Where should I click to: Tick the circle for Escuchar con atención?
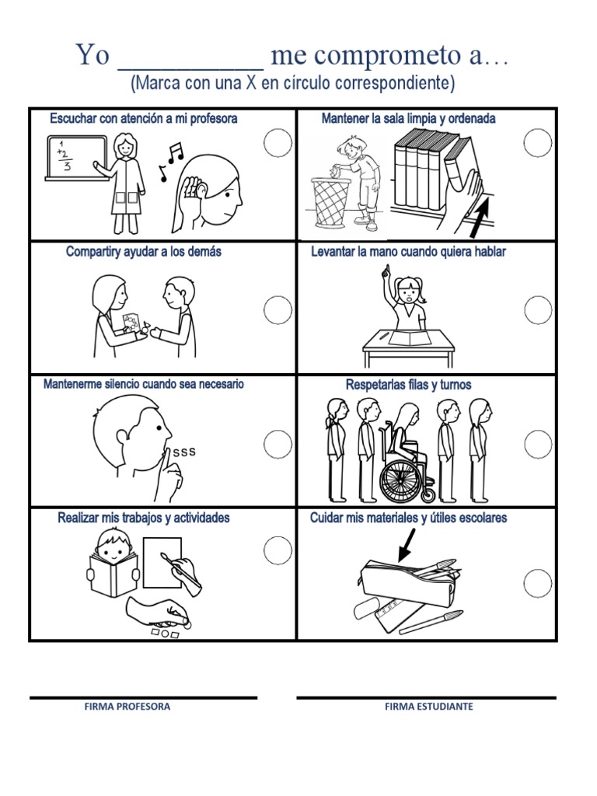(278, 143)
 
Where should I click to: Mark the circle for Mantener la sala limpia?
(537, 143)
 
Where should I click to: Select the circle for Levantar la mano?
(537, 310)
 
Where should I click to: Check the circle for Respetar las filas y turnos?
(537, 444)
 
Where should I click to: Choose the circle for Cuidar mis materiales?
(537, 582)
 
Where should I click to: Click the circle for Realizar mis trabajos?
(278, 550)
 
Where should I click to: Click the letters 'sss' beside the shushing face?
(184, 452)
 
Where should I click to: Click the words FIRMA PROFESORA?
(127, 707)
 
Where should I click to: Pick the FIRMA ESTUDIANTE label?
(428, 707)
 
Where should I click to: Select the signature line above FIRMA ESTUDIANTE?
(426, 697)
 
